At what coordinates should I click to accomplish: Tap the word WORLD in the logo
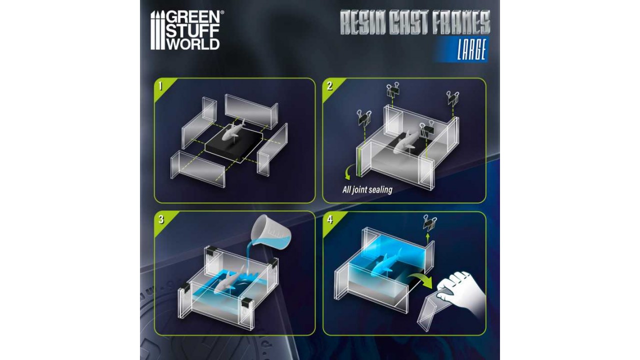tap(193, 44)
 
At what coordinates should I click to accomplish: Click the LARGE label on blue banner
tap(471, 49)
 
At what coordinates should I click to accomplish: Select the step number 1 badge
tap(161, 85)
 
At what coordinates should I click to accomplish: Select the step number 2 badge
tap(329, 85)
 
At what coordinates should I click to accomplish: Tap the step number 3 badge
tap(161, 219)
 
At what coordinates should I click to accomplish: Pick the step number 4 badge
tap(330, 220)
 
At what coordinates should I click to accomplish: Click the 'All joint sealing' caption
tap(367, 189)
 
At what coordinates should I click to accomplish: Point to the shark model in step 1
tap(233, 130)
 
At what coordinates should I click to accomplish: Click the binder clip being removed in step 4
tap(429, 223)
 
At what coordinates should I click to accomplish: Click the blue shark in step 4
tap(385, 263)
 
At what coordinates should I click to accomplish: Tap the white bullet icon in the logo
tap(157, 30)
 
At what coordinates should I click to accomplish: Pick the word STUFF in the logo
tap(193, 31)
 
